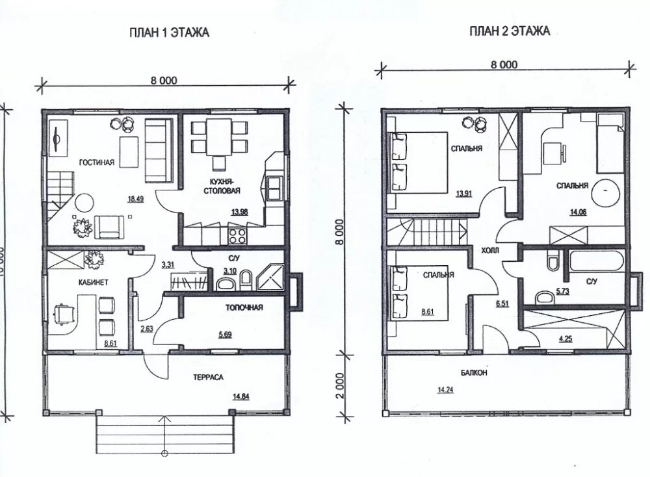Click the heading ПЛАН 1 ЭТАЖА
[x=170, y=32]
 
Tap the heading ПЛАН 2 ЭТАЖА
[x=510, y=31]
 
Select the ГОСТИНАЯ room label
[x=97, y=162]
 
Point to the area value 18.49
[x=136, y=199]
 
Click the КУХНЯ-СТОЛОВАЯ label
[x=226, y=187]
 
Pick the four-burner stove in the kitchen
[x=237, y=235]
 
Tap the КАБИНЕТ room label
[x=93, y=282]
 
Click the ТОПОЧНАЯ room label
[x=244, y=307]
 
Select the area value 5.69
[x=225, y=335]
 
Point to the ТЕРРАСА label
[x=208, y=377]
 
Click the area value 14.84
[x=241, y=396]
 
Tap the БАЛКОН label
[x=474, y=372]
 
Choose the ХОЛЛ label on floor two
[x=490, y=250]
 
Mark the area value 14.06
[x=578, y=213]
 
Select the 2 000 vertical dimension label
[x=339, y=386]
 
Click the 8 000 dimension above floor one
[x=164, y=81]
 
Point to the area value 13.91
[x=464, y=193]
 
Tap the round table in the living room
[x=85, y=203]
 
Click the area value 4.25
[x=565, y=339]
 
